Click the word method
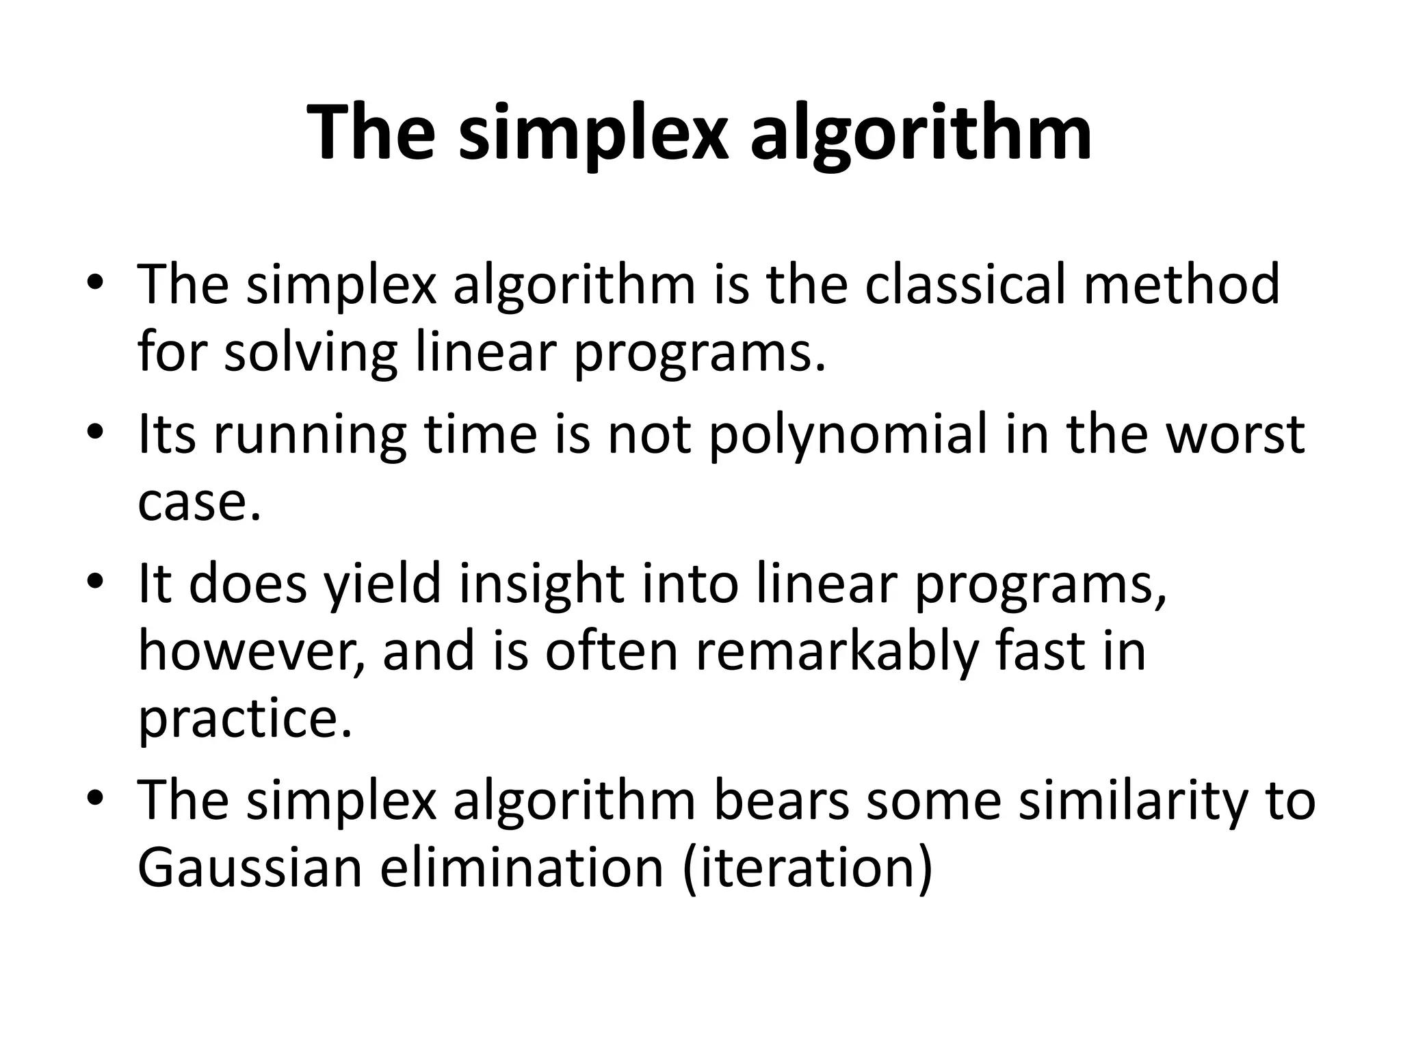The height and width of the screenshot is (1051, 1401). [1182, 284]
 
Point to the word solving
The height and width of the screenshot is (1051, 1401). [311, 352]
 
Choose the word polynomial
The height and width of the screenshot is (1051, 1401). [848, 434]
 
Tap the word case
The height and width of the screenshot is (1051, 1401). [199, 503]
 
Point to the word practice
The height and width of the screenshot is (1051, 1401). [245, 720]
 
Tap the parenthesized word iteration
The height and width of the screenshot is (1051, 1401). [808, 869]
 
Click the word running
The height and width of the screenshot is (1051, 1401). [310, 434]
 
